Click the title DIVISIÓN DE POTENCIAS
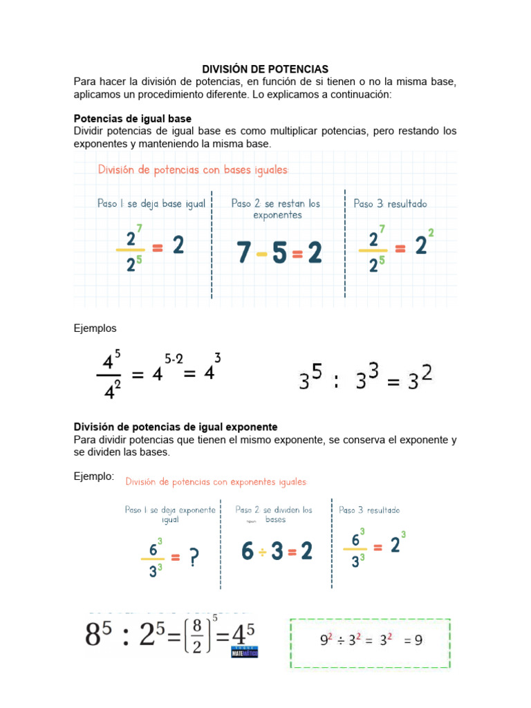265,69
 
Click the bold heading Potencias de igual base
133,119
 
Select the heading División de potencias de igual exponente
176,427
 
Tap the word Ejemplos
95,328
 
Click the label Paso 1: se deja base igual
151,204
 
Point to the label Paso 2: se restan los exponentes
277,209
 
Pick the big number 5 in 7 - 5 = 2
279,254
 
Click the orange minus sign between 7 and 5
261,254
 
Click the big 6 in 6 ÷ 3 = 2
248,551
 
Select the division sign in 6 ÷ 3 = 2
263,552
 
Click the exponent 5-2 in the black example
174,359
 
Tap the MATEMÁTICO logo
245,651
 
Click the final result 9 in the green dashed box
418,640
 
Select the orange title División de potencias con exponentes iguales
216,482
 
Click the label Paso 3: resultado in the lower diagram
369,510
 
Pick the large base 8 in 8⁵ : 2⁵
98,635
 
